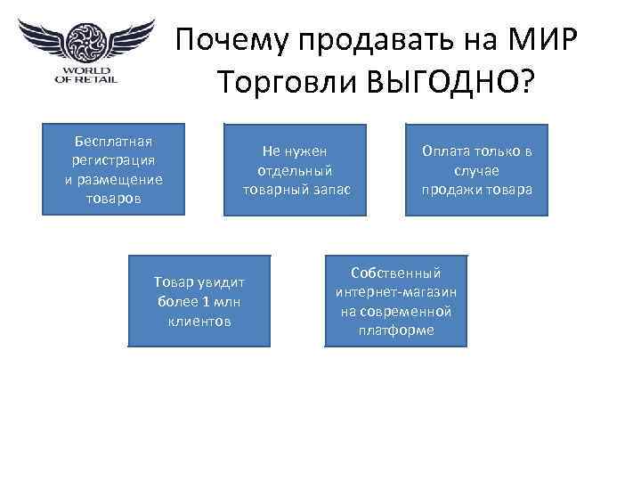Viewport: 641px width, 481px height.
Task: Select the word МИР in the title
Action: point(544,41)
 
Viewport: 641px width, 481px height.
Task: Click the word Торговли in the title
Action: point(285,83)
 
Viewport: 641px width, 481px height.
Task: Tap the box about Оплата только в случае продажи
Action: point(477,169)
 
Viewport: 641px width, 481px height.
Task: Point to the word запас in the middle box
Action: point(333,189)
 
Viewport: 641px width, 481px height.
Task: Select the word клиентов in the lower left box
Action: point(199,320)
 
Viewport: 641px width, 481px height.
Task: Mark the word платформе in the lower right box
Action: point(394,330)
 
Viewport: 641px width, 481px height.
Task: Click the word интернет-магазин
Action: point(394,292)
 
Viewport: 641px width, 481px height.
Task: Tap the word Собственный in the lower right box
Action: point(395,273)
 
